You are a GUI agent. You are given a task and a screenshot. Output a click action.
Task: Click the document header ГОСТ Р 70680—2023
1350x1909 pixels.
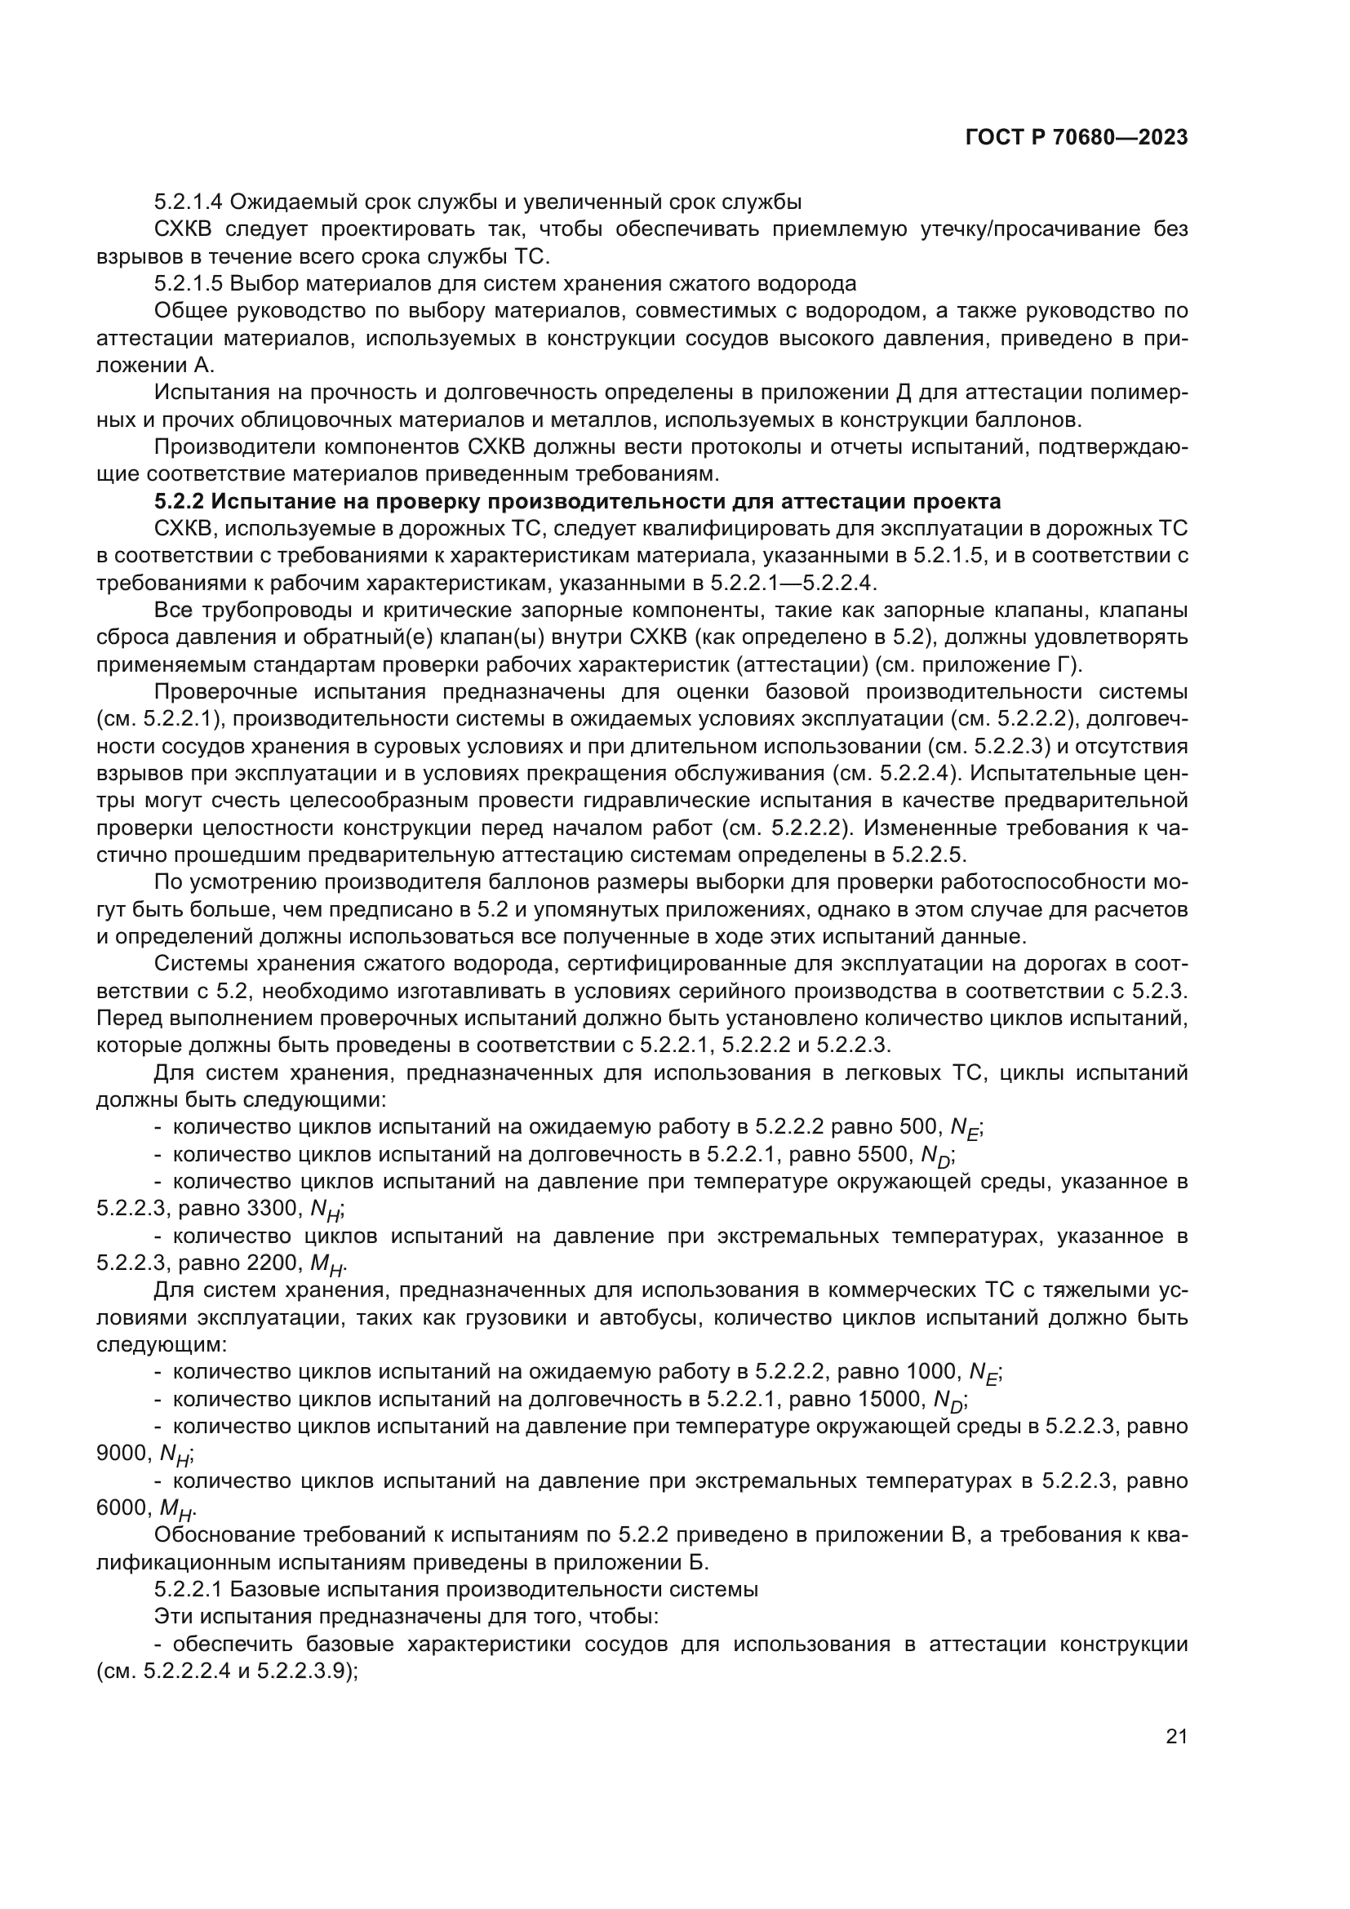pyautogui.click(x=1076, y=138)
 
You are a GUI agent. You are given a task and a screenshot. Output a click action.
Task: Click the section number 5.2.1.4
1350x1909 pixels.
pyautogui.click(x=189, y=202)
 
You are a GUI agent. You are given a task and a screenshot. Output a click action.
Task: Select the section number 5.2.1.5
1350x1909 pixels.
pyautogui.click(x=189, y=284)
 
